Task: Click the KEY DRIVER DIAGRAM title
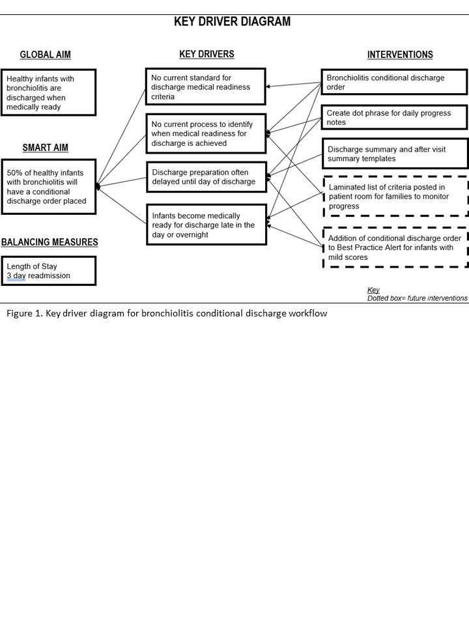(x=232, y=21)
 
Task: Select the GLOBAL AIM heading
(x=46, y=55)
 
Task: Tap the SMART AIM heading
(x=45, y=148)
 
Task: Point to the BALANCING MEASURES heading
(x=50, y=242)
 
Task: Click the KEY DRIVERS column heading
(x=206, y=54)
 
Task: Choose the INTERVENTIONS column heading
(x=400, y=55)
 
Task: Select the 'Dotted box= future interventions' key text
(x=417, y=298)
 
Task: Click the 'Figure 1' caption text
(x=167, y=313)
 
